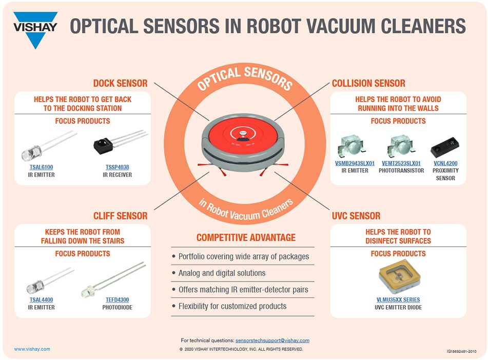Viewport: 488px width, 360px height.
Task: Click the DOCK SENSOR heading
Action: point(120,83)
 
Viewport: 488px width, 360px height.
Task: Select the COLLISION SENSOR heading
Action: point(368,83)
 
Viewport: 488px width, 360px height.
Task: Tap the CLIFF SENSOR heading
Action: point(120,216)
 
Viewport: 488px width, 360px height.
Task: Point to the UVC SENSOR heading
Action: point(356,216)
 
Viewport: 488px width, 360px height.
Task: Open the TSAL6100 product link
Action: point(41,167)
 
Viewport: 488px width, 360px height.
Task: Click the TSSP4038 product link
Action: point(118,167)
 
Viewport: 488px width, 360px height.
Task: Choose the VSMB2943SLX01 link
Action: point(355,164)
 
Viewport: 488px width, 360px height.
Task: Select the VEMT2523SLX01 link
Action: point(401,164)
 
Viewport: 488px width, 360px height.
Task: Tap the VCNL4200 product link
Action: point(445,164)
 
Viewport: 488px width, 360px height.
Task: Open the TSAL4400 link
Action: point(41,299)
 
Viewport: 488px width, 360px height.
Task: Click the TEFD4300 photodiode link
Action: point(118,299)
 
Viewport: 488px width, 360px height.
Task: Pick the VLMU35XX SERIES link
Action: point(398,299)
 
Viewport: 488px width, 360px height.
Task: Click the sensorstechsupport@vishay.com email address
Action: point(272,341)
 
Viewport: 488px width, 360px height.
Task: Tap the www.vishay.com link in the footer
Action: point(32,349)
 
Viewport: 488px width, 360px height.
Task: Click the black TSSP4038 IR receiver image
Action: point(110,145)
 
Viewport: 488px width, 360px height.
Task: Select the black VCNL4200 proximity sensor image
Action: point(444,148)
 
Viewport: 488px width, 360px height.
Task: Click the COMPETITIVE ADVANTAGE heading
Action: point(246,237)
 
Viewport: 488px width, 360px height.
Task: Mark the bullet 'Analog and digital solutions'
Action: point(222,273)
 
